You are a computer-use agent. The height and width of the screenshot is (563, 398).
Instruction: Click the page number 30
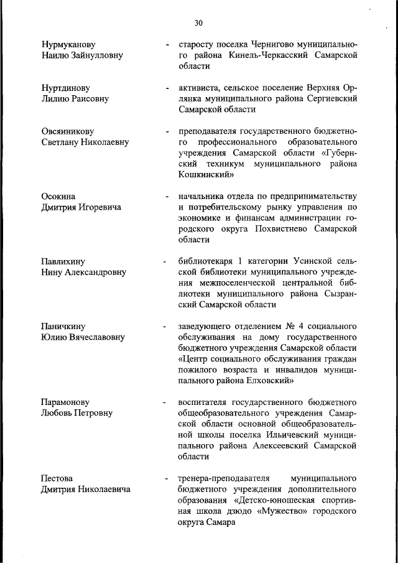[198, 23]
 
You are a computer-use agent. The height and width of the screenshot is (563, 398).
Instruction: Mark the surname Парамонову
[67, 402]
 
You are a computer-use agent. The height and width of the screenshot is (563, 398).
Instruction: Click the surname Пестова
[57, 478]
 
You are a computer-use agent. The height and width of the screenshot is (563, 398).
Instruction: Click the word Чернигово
[275, 45]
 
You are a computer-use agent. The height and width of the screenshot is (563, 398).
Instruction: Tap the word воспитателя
[203, 402]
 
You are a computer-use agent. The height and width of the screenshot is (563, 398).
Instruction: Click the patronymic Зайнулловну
[95, 55]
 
